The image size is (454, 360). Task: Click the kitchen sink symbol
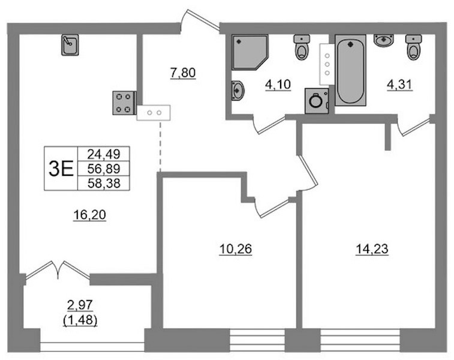pos(70,45)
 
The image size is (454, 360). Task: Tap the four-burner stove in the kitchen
pos(124,103)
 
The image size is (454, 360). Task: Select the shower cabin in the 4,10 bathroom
pos(249,52)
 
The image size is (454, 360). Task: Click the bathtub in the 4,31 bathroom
pos(350,70)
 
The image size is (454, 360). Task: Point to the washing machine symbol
pos(317,101)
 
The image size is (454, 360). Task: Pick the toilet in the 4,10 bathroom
pos(302,47)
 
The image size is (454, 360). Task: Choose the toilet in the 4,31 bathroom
pos(413,47)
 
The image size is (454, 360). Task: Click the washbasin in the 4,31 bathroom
pos(383,40)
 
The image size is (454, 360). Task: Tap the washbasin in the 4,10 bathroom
pos(237,91)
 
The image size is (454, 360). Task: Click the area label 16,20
pos(90,215)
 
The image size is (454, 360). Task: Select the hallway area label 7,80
pos(183,73)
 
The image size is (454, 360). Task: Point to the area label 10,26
pos(236,249)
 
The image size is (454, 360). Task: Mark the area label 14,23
pos(372,249)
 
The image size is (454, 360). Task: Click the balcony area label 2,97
pos(80,305)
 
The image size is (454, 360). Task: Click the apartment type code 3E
pos(61,169)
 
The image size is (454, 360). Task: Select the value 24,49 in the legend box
pos(104,154)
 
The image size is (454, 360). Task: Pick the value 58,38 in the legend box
pos(104,184)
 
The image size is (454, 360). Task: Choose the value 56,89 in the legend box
pos(104,169)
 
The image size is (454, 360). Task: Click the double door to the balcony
pos(58,270)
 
